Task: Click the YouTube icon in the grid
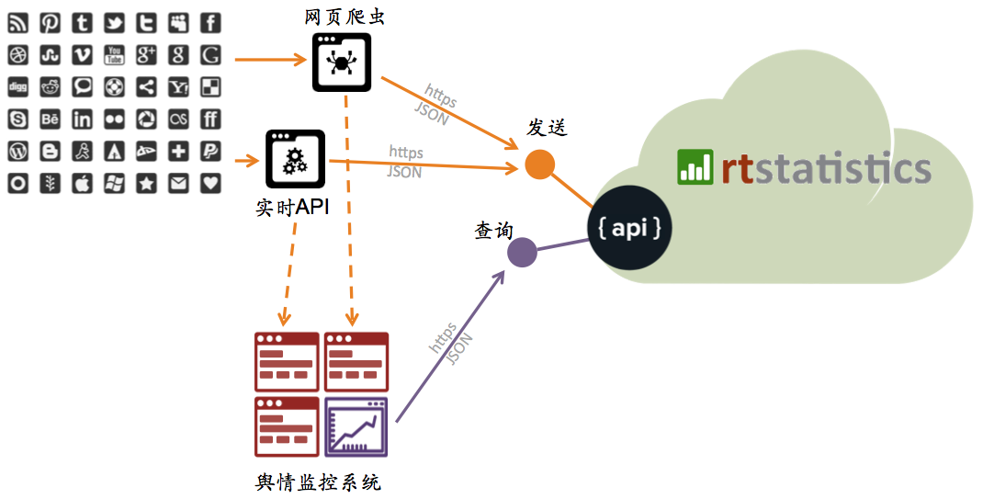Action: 114,55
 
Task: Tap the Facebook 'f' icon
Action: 210,23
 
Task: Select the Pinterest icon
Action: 50,23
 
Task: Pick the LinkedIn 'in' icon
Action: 82,119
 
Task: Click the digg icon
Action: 17,87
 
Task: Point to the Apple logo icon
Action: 82,183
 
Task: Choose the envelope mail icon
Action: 178,183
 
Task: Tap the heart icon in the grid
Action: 210,183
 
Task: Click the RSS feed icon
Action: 17,23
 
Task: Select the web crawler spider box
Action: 341,62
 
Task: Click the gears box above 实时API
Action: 295,160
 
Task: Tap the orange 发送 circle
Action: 540,164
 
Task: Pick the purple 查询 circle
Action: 522,252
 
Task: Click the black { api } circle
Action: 630,228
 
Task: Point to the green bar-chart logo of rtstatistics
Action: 695,167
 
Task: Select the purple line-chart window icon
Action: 356,427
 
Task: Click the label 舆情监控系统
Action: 319,482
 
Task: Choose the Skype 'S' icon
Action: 17,119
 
